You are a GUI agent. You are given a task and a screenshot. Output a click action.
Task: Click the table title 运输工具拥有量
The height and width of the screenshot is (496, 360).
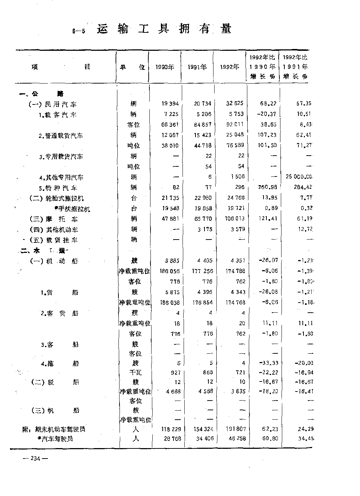(x=164, y=29)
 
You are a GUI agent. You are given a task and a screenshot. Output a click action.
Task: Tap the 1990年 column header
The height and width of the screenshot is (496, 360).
(x=165, y=67)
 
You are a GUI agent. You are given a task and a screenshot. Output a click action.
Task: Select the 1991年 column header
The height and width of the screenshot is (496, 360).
(x=197, y=67)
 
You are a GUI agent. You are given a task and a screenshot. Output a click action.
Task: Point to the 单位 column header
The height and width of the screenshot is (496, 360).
(x=132, y=67)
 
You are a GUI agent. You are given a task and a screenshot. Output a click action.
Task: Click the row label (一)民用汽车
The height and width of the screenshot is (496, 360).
(x=53, y=104)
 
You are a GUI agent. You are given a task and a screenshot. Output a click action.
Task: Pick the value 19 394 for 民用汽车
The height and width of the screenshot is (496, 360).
(x=170, y=104)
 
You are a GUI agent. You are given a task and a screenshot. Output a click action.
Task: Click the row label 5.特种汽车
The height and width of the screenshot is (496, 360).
(x=58, y=188)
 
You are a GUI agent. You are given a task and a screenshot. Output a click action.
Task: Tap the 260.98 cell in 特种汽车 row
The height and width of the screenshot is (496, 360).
(x=268, y=187)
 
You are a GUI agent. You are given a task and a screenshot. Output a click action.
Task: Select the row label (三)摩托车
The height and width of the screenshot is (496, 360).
(x=53, y=219)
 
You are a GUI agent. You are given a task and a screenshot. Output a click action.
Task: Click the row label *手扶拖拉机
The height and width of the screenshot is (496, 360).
(x=72, y=209)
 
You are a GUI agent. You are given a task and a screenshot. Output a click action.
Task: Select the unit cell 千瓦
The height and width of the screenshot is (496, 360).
(x=135, y=373)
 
